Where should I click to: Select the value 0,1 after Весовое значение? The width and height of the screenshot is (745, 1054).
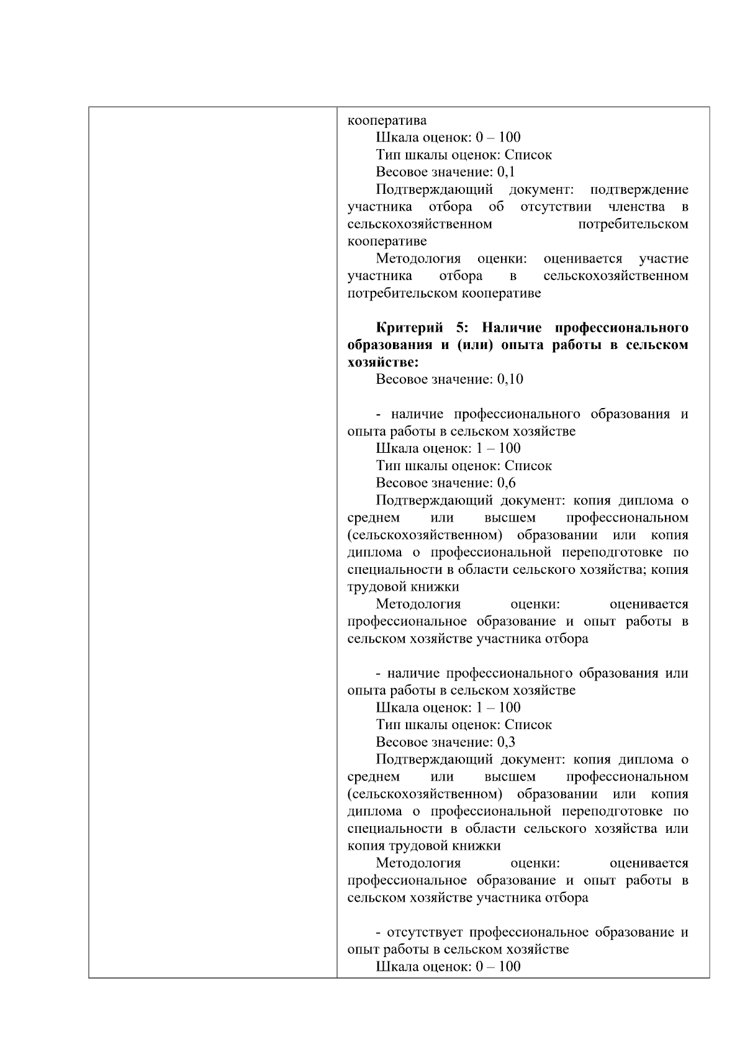tap(506, 172)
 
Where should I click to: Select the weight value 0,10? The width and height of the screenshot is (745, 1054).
tap(510, 379)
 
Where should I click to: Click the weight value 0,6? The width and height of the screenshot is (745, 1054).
tap(506, 483)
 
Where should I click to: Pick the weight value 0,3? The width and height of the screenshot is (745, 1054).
tap(506, 742)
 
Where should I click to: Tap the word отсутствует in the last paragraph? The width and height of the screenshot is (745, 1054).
tap(425, 932)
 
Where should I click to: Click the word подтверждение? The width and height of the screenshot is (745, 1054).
tap(639, 189)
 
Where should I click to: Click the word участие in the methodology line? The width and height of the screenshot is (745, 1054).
tap(663, 258)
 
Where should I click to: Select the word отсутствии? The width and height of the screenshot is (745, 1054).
tap(556, 207)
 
